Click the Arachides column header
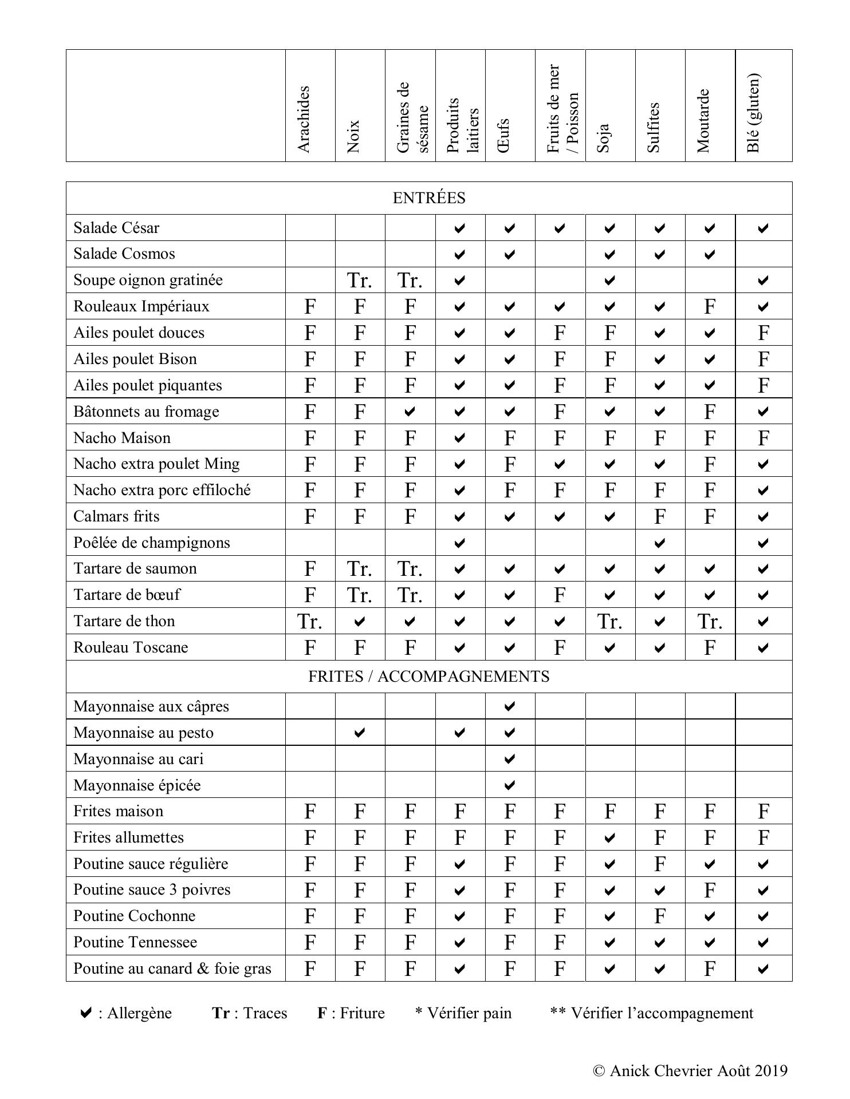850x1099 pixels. (304, 119)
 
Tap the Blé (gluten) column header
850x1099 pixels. (754, 113)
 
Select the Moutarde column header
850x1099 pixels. (703, 121)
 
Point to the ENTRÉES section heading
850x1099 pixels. (429, 198)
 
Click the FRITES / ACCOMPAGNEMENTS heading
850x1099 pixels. (429, 677)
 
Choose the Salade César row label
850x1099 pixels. (116, 228)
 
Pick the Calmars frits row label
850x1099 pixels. (116, 516)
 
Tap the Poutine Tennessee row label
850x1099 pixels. (135, 942)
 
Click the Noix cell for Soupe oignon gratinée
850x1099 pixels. (360, 280)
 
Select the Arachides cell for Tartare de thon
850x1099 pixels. (310, 622)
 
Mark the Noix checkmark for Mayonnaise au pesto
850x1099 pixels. (360, 733)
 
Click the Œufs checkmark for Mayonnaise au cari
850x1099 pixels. (510, 759)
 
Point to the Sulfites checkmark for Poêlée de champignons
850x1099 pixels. (660, 543)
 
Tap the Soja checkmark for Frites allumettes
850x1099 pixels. (610, 838)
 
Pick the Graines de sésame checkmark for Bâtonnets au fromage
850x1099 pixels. (410, 412)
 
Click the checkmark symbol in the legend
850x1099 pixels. (85, 1013)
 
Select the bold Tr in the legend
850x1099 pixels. (221, 1013)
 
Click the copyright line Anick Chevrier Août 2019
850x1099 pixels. (690, 1071)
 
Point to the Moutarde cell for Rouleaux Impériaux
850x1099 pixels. (710, 307)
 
